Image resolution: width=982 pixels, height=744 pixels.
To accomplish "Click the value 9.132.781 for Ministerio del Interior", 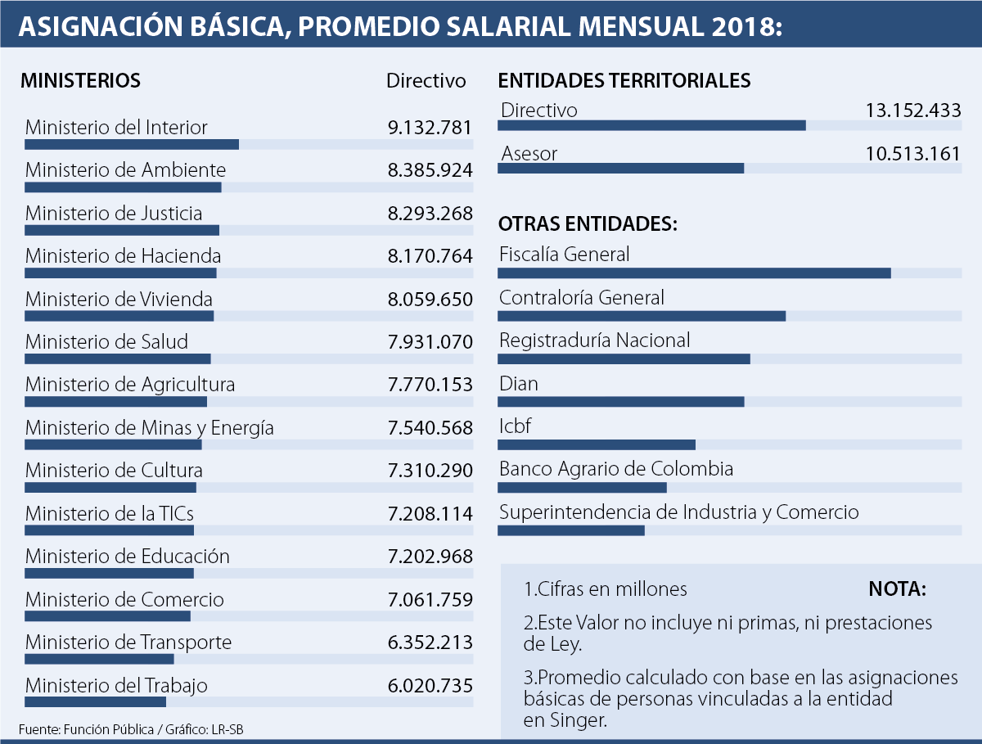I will tap(430, 128).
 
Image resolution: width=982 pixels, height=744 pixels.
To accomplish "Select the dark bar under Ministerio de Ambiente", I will tap(123, 187).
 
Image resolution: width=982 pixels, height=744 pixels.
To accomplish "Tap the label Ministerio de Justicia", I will tap(114, 214).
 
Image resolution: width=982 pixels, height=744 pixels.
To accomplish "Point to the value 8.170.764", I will tap(430, 256).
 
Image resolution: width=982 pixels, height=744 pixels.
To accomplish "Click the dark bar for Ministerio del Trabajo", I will tap(95, 701).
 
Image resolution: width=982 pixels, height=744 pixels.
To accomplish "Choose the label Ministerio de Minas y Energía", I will tap(150, 428).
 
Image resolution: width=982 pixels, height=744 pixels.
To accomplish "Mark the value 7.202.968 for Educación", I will tap(430, 557).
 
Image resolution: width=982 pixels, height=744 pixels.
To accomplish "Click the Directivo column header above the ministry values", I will tap(426, 81).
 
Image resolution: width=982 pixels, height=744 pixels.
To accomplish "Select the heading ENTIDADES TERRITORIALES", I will tap(624, 81).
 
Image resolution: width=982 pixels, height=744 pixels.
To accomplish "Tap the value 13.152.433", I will tap(912, 110).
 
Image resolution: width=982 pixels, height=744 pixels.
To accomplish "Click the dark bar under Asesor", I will tap(620, 168).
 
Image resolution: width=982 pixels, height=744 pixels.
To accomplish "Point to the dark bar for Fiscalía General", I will tap(694, 273).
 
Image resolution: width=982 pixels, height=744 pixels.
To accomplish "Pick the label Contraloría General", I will tap(582, 298).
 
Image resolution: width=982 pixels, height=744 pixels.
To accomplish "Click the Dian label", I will tap(519, 383).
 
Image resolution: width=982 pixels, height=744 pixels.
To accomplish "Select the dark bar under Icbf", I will tap(597, 444).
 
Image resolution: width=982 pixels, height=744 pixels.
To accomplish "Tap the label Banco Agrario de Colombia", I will tap(616, 469).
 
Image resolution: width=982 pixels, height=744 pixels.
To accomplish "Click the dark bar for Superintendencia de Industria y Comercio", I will tap(571, 530).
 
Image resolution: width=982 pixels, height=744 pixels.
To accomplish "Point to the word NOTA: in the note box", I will tap(897, 589).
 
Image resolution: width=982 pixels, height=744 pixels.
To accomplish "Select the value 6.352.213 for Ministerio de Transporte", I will tap(430, 642).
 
